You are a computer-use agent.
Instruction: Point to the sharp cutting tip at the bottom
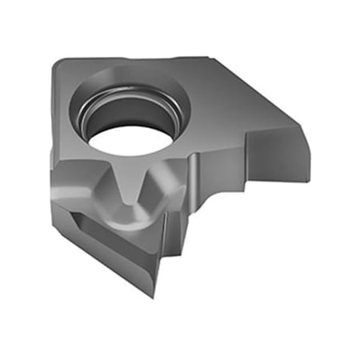pos(152,294)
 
